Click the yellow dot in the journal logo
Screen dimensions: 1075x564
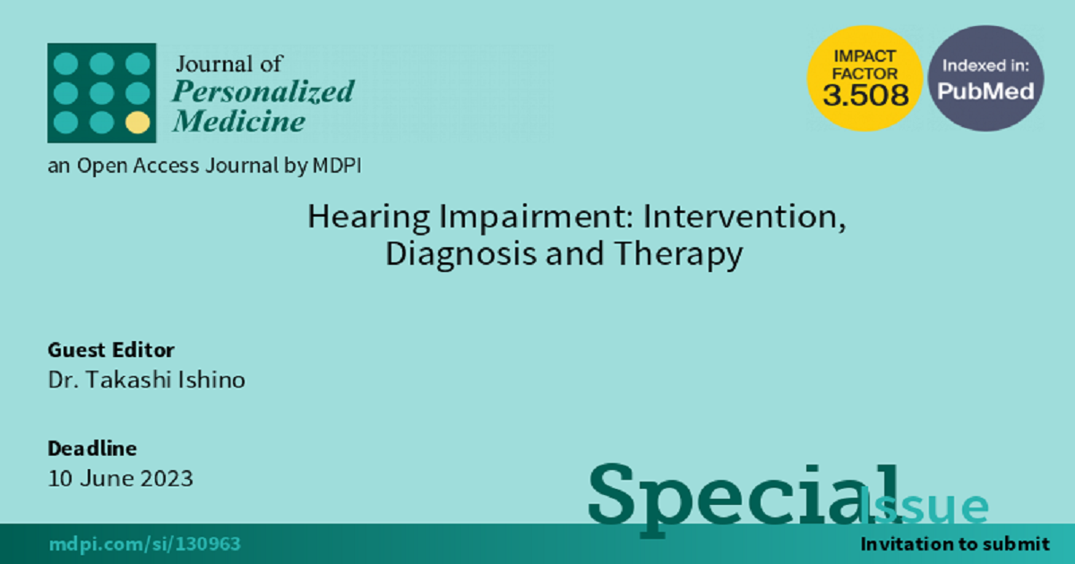(138, 123)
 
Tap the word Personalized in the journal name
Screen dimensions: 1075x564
(263, 91)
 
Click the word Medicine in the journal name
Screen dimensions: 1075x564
(239, 121)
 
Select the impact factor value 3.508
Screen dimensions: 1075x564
(865, 95)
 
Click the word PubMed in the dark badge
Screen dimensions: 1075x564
(985, 91)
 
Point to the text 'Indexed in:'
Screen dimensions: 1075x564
(985, 65)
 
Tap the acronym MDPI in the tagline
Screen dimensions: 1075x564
(337, 166)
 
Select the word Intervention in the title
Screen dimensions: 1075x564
(744, 217)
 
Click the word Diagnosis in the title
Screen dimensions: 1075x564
(460, 254)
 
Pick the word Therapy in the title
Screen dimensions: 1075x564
(678, 254)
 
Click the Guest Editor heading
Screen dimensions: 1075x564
(111, 350)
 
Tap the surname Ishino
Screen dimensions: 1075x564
(211, 380)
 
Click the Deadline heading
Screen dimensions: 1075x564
(92, 449)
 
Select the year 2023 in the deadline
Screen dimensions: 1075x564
(167, 479)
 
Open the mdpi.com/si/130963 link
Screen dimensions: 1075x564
(144, 544)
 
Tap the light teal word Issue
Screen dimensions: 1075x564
(924, 505)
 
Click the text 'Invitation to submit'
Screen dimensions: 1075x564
(955, 544)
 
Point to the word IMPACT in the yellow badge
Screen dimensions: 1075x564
(864, 56)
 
